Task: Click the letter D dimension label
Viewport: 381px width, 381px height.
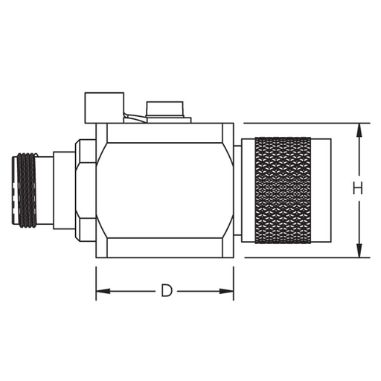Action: tap(167, 290)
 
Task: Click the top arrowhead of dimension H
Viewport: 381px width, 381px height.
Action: tap(359, 129)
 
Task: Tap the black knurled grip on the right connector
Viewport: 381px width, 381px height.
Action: tap(284, 190)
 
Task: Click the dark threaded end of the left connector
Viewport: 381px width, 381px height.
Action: tap(26, 190)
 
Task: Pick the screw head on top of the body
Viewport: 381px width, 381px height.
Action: tap(167, 110)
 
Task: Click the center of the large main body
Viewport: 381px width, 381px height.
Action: tap(164, 190)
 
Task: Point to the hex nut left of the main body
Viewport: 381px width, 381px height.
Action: tap(85, 190)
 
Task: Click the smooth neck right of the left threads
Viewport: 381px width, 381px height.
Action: tap(45, 190)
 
